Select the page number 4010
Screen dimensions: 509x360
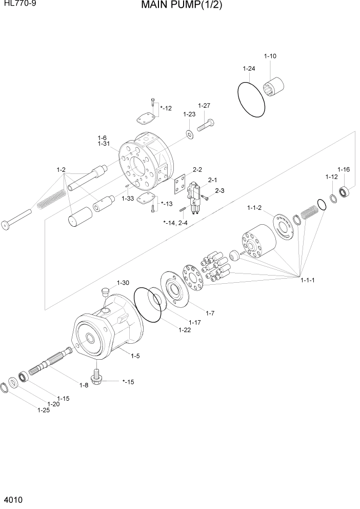12,499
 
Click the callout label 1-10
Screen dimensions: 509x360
270,56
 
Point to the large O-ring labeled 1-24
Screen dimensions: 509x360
251,96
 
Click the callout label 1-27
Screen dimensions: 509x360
205,106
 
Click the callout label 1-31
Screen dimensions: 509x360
104,144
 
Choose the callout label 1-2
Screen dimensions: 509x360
61,169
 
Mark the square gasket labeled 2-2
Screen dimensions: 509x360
179,185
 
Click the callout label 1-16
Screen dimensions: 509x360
343,169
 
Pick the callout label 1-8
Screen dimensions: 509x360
83,385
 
